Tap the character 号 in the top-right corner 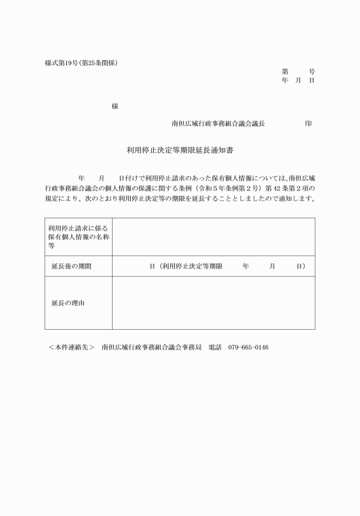click(311, 72)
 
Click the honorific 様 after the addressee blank click(115, 107)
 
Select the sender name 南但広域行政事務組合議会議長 click(218, 123)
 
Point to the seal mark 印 click(309, 123)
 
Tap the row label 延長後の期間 click(71, 266)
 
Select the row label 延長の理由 click(68, 303)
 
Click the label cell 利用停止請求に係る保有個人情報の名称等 click(78, 237)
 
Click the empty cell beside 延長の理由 click(213, 303)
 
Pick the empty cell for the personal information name click(213, 237)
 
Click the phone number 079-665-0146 click(248, 347)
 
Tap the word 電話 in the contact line click(214, 347)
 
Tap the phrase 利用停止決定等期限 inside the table click(191, 266)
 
